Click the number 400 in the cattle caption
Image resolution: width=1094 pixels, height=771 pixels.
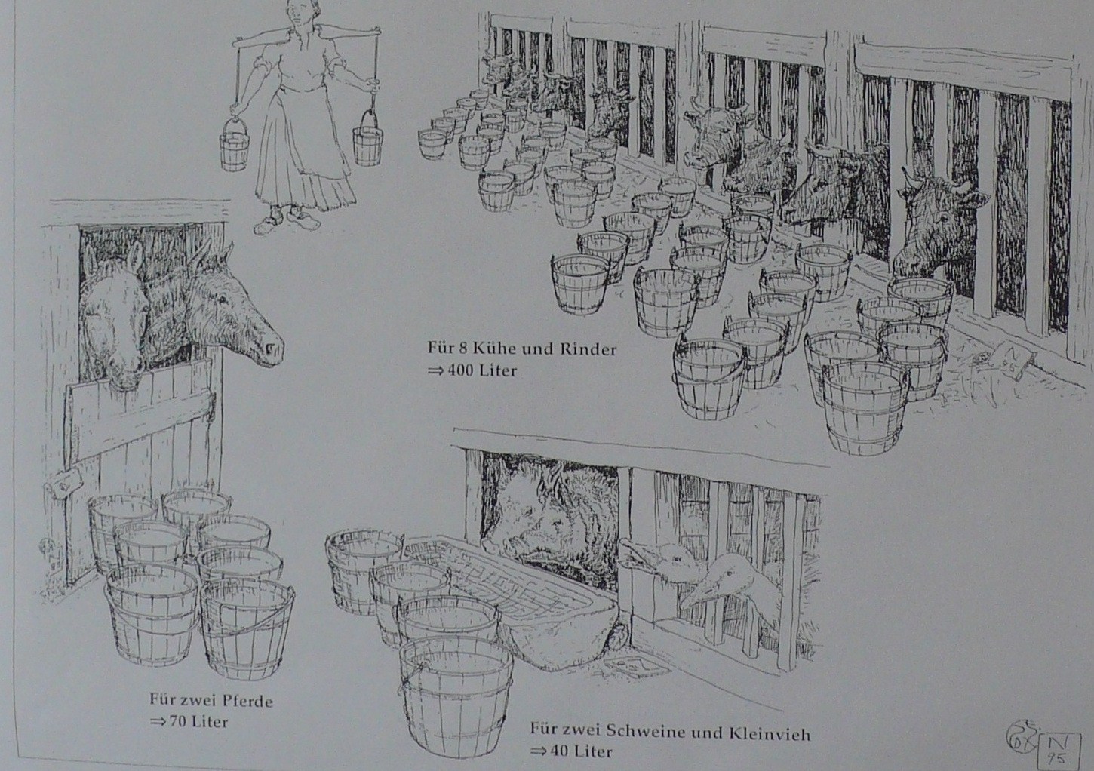coord(460,370)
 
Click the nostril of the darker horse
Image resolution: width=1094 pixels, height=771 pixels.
coord(270,349)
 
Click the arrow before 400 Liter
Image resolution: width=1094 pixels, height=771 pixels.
coord(434,371)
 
